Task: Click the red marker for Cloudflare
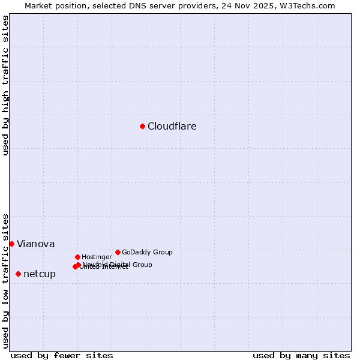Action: click(x=142, y=126)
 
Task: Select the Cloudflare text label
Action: click(x=172, y=126)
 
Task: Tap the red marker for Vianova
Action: click(x=11, y=244)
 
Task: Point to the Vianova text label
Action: click(x=36, y=244)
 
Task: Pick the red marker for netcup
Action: click(x=18, y=274)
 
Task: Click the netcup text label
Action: click(x=40, y=274)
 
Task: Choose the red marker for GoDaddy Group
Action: click(x=118, y=252)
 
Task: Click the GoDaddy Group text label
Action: click(x=147, y=252)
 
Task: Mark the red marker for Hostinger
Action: click(x=77, y=257)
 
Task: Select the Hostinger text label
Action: click(x=97, y=257)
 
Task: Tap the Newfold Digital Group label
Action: click(x=118, y=264)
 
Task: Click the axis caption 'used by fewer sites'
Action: click(x=62, y=355)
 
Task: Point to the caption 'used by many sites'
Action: click(x=301, y=355)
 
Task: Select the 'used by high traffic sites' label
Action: click(x=5, y=85)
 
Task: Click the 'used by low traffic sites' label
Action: click(x=5, y=281)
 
